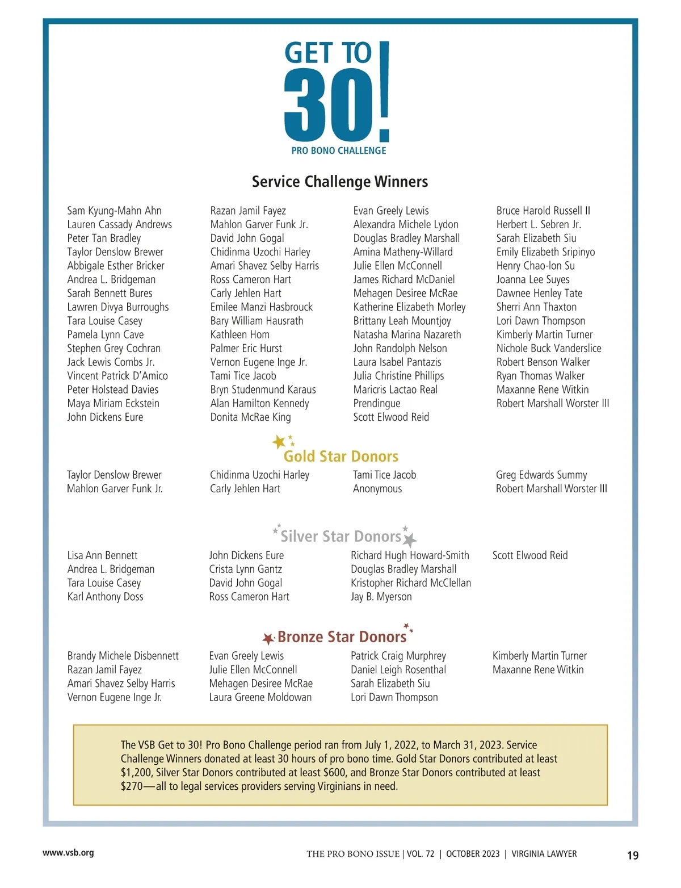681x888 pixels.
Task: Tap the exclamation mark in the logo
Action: tap(384, 91)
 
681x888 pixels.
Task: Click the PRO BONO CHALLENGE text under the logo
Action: tap(339, 150)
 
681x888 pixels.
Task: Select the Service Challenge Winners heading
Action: tap(340, 182)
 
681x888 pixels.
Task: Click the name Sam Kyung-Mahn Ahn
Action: tap(114, 211)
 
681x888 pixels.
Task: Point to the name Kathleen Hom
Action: tap(239, 334)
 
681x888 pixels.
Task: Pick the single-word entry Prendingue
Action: tap(376, 403)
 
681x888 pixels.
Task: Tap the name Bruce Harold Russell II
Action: tap(543, 211)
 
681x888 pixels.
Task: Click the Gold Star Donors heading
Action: tap(341, 456)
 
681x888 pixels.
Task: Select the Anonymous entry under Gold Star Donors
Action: tap(377, 488)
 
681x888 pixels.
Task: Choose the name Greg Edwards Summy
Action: tap(541, 475)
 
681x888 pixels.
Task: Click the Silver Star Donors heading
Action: tap(341, 537)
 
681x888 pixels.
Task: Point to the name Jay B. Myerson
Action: tap(381, 597)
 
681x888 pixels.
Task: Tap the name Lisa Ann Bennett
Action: tap(102, 555)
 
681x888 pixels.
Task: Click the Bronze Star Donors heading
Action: tap(342, 637)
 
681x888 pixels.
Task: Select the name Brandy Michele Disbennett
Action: tap(123, 656)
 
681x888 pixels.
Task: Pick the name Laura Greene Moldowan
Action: tap(260, 697)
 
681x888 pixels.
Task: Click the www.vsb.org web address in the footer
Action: tap(68, 853)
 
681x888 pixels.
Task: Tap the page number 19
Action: tap(633, 855)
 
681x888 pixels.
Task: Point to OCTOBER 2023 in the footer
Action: tap(473, 854)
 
